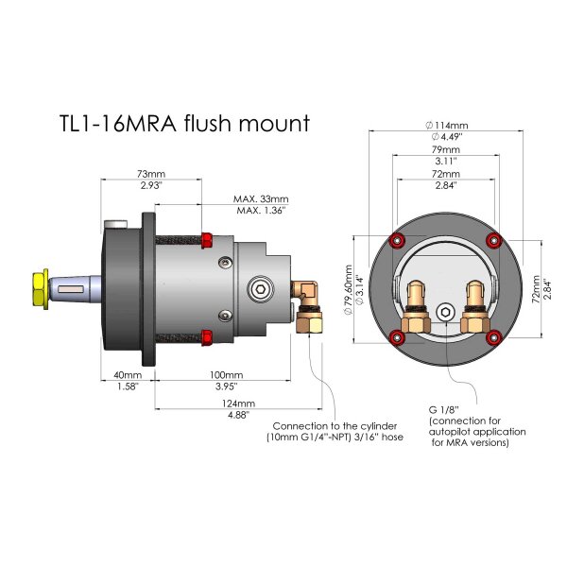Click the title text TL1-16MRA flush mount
(x=184, y=124)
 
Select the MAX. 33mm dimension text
(x=261, y=199)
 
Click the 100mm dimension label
(x=224, y=376)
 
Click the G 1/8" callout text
(x=445, y=409)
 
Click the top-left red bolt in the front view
(x=397, y=236)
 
